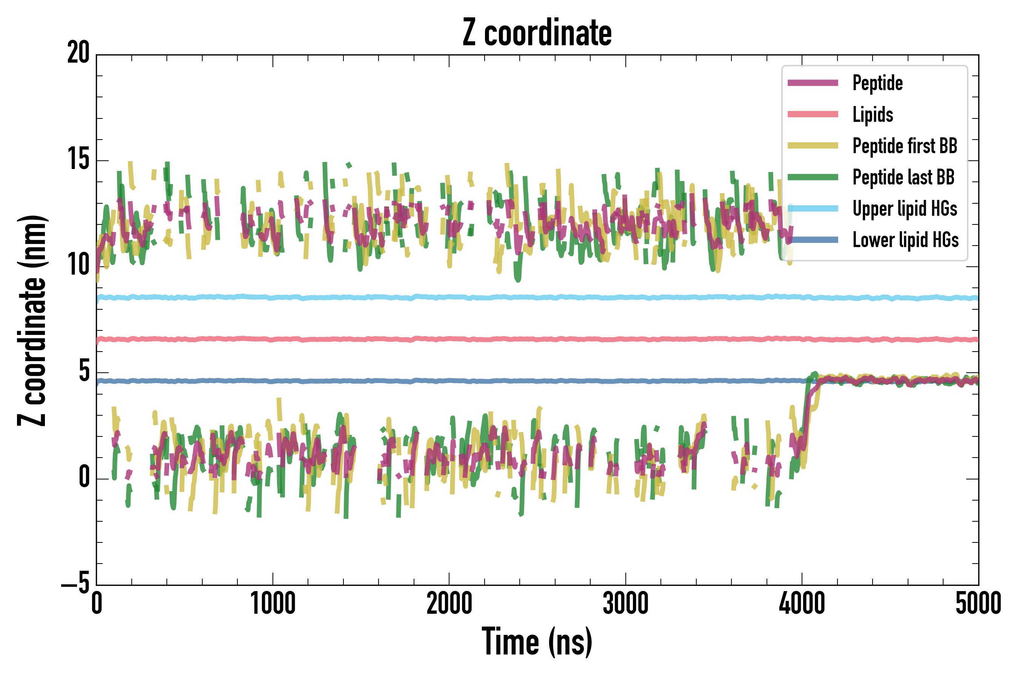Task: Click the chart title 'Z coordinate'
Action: coord(537,33)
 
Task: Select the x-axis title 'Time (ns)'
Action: coord(537,642)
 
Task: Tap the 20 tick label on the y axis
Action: coord(78,53)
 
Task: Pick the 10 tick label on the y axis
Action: coord(78,266)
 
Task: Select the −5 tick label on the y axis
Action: coord(75,585)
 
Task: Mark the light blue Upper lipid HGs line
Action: coord(520,298)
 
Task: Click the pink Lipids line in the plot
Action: coord(520,339)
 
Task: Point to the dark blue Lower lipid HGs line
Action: coord(520,381)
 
